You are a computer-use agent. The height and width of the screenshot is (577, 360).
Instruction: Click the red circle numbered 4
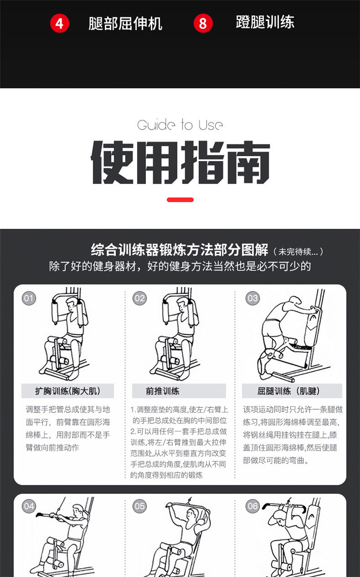(60, 24)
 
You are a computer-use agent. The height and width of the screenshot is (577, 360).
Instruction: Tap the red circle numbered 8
(203, 24)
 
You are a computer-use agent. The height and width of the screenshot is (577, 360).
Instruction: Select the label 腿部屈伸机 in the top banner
(125, 24)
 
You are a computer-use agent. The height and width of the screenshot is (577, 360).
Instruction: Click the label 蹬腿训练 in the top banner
(265, 22)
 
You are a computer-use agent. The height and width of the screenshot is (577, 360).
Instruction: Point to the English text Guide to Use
(180, 125)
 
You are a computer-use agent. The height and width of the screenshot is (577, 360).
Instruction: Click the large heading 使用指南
(180, 162)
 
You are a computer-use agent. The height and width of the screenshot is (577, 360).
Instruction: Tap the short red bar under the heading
(180, 200)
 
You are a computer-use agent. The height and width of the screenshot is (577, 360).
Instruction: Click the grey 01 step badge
(29, 298)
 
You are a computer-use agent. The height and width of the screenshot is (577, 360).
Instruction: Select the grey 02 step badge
(140, 298)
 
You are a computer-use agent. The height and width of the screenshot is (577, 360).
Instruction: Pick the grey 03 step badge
(252, 298)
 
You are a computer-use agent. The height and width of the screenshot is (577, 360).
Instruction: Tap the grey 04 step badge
(29, 506)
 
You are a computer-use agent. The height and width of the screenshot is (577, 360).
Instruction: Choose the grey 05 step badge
(140, 506)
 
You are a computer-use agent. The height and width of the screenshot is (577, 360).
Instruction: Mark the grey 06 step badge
(252, 506)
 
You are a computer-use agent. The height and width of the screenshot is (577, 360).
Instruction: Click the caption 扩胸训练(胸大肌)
(68, 391)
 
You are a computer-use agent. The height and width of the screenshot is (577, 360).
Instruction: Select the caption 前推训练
(162, 391)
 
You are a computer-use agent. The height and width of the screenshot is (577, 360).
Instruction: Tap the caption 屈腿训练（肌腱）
(288, 391)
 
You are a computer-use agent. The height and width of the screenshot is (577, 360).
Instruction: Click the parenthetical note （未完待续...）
(298, 251)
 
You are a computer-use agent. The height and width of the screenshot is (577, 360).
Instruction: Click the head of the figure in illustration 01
(72, 305)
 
